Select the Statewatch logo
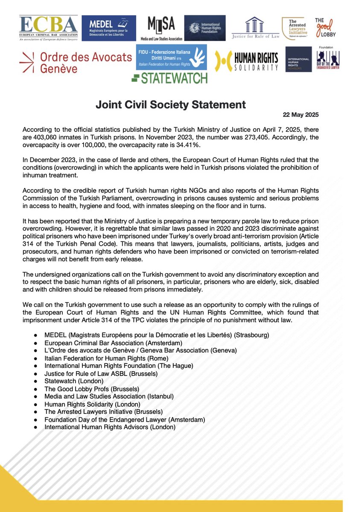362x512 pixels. [169, 78]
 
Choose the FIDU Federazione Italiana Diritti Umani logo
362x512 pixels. [171, 58]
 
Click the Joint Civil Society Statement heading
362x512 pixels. [181, 105]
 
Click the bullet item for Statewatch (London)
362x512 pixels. [74, 381]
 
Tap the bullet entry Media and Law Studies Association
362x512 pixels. [109, 396]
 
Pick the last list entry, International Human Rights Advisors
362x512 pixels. [110, 427]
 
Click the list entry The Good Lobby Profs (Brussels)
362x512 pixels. [92, 388]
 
